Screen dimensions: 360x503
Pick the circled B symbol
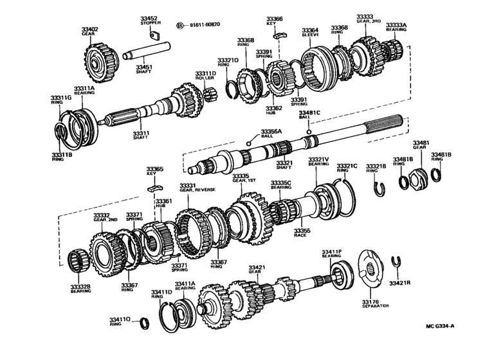[x=181, y=26]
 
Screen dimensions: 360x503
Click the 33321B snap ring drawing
[x=380, y=187]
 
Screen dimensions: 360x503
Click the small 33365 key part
[x=153, y=188]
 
